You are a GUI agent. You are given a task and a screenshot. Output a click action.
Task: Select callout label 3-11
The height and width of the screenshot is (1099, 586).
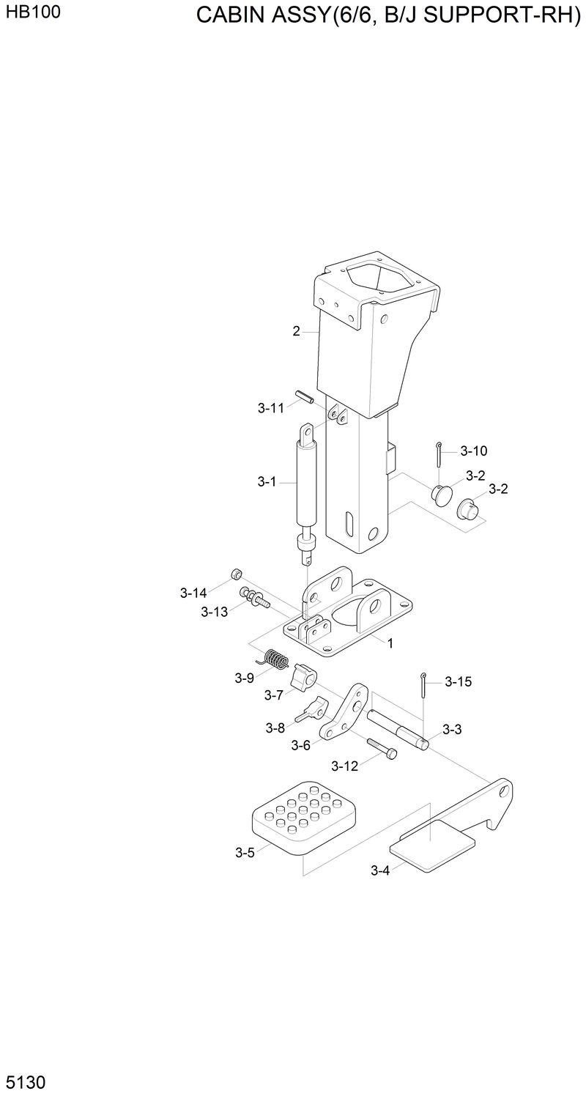point(270,409)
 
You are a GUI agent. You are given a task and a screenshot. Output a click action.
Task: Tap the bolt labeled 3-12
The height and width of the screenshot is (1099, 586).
point(382,747)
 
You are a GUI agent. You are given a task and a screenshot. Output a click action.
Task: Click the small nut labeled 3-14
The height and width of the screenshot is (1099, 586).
point(237,573)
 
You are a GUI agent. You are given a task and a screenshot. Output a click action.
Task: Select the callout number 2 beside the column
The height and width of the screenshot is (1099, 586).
point(296,331)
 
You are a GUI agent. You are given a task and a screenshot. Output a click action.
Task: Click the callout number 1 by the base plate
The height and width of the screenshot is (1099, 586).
point(390,643)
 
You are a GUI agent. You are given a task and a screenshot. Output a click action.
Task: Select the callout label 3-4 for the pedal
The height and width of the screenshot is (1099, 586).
point(380,870)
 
